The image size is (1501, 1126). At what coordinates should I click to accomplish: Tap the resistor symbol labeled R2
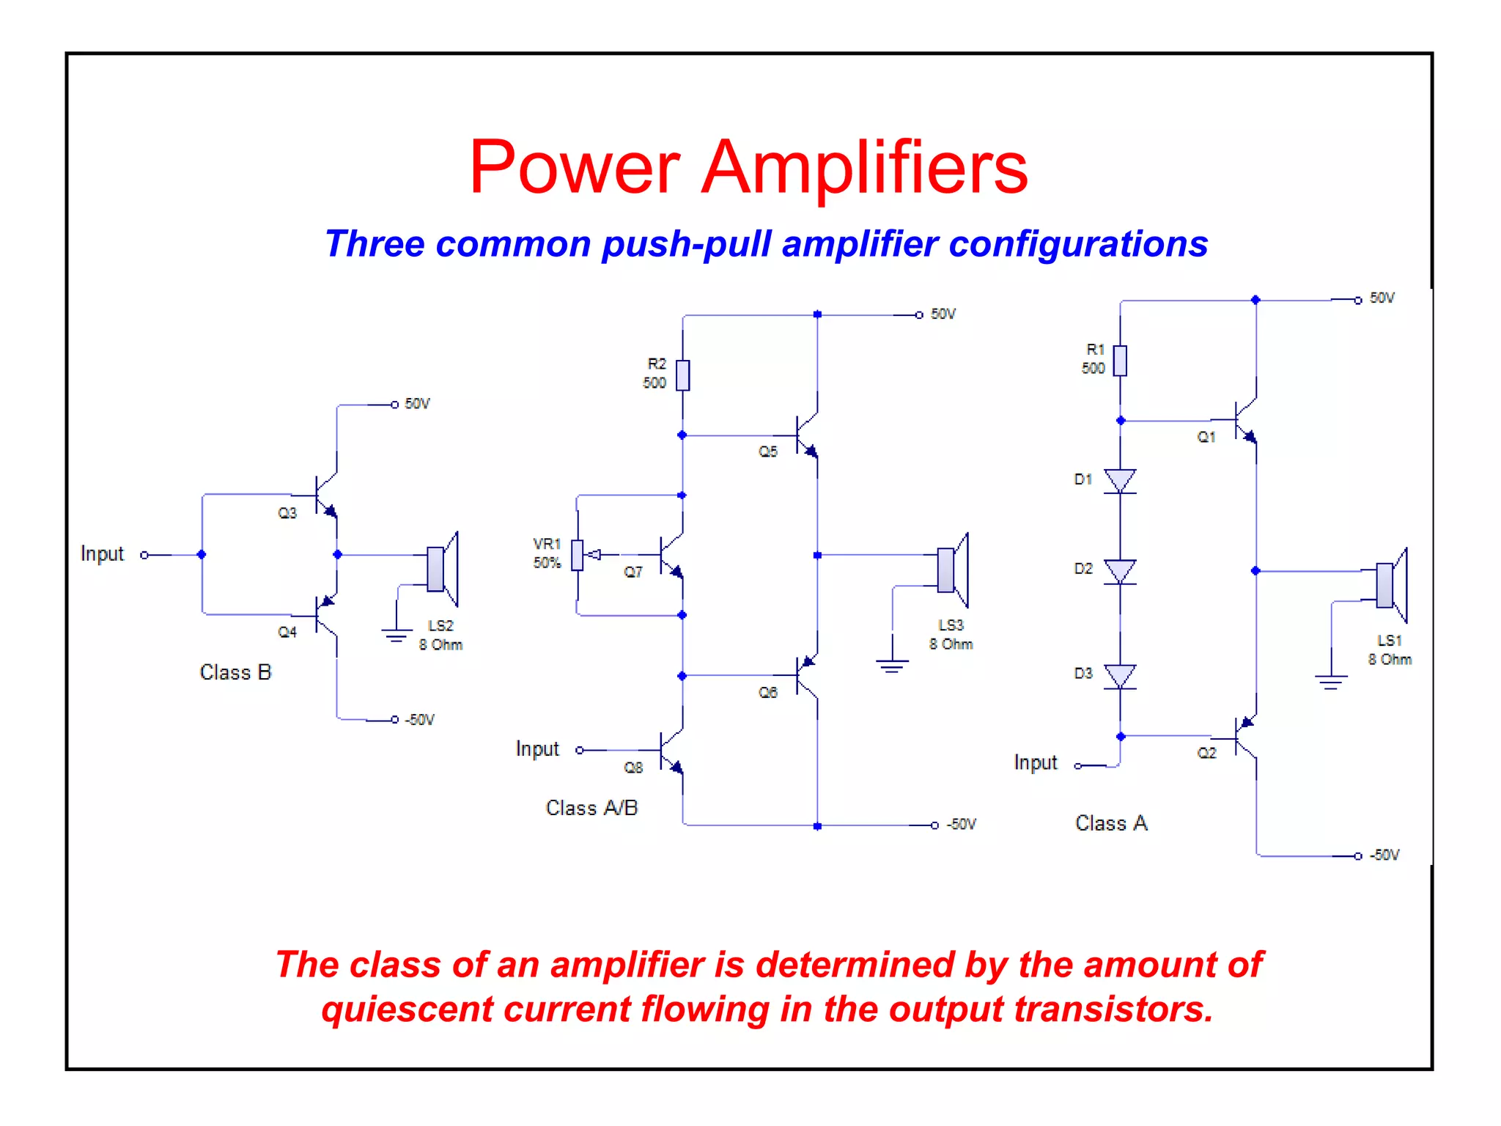pyautogui.click(x=682, y=375)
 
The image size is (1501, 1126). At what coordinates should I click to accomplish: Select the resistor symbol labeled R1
pyautogui.click(x=1119, y=360)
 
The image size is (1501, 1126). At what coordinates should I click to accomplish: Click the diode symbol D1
pyautogui.click(x=1119, y=481)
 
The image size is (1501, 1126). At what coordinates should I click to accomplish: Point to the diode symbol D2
pyautogui.click(x=1119, y=571)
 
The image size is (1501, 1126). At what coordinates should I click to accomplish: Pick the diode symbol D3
pyautogui.click(x=1119, y=676)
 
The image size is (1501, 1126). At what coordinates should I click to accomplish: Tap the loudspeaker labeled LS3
pyautogui.click(x=952, y=570)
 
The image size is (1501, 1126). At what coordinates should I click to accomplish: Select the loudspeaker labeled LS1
pyautogui.click(x=1390, y=585)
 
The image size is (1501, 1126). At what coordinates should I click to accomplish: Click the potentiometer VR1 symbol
pyautogui.click(x=578, y=555)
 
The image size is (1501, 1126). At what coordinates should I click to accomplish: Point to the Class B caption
pyautogui.click(x=235, y=672)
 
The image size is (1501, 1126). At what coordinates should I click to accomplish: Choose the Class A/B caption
pyautogui.click(x=591, y=808)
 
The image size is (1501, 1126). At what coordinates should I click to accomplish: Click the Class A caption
pyautogui.click(x=1110, y=823)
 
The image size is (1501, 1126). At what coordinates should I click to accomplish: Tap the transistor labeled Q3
pyautogui.click(x=325, y=496)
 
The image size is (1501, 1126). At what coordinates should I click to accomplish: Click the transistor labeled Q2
pyautogui.click(x=1244, y=737)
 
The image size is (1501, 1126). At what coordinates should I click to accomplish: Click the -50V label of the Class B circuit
pyautogui.click(x=420, y=720)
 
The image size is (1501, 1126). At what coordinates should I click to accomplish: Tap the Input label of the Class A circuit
pyautogui.click(x=1035, y=763)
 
